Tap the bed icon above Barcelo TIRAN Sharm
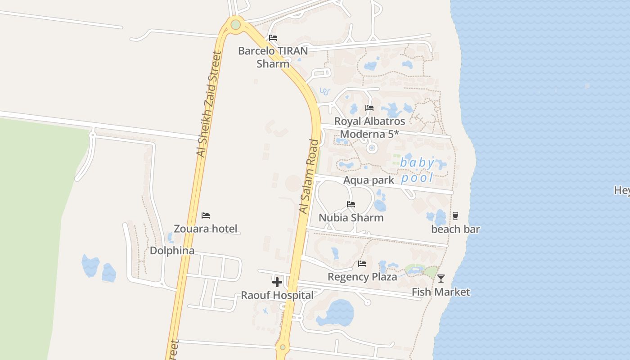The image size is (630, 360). click(273, 38)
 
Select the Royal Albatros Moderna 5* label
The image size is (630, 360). click(369, 128)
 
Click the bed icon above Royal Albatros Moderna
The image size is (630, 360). click(369, 108)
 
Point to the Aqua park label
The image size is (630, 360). click(369, 180)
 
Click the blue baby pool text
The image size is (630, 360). click(418, 170)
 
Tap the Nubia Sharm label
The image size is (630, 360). click(351, 218)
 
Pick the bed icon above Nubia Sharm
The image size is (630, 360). click(351, 204)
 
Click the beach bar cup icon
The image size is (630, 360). click(455, 216)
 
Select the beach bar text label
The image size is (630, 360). click(455, 229)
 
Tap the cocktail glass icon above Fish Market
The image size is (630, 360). click(441, 279)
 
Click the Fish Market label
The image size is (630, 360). click(441, 292)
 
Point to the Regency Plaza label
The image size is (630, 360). click(362, 277)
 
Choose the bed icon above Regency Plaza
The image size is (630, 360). click(362, 263)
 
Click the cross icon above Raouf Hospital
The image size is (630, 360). click(277, 282)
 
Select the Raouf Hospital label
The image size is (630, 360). click(277, 296)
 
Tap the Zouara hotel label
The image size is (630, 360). click(206, 229)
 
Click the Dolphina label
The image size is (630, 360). click(172, 251)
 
